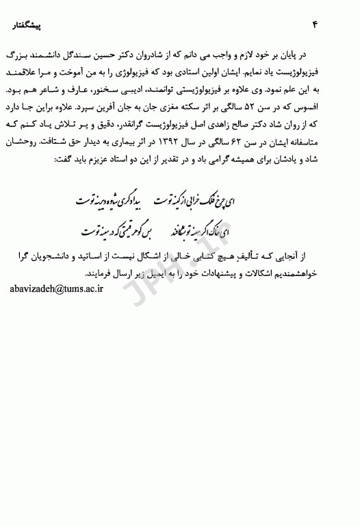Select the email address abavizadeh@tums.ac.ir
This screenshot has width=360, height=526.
[x=56, y=290]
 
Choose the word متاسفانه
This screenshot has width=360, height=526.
[x=324, y=145]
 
